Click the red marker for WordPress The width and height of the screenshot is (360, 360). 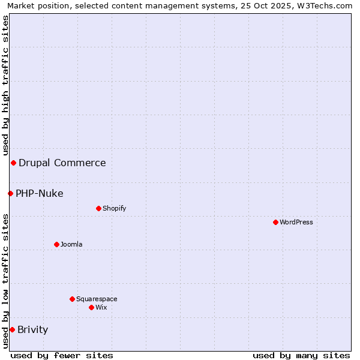point(275,222)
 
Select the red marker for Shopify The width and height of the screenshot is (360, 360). point(98,208)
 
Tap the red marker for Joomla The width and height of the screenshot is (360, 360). point(56,244)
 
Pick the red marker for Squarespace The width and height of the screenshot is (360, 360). point(72,299)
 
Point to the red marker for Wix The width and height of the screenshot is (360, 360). point(91,307)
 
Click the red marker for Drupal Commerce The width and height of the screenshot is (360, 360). point(13,163)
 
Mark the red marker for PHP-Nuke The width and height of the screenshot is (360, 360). point(10,193)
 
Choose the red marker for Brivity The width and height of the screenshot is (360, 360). point(12,329)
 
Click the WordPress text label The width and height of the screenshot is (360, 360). point(296,222)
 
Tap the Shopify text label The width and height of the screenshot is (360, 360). point(115,208)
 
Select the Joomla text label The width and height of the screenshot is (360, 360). point(71,244)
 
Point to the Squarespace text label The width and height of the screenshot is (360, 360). point(97,299)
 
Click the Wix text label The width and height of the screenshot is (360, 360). point(101,307)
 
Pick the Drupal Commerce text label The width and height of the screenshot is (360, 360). point(62,163)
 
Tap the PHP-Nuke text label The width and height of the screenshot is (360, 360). point(40,193)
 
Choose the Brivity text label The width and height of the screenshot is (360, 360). point(33,329)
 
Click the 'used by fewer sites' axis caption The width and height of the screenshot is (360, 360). point(62,355)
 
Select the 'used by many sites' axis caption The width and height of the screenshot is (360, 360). point(301,355)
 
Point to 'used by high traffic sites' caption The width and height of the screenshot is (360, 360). point(5,86)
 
